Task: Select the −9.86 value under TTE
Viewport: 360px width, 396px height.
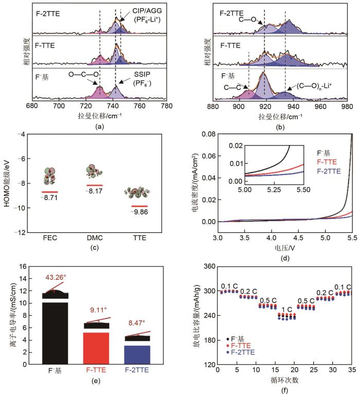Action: pos(139,211)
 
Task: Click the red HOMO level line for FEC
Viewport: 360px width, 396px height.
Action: pos(50,192)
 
